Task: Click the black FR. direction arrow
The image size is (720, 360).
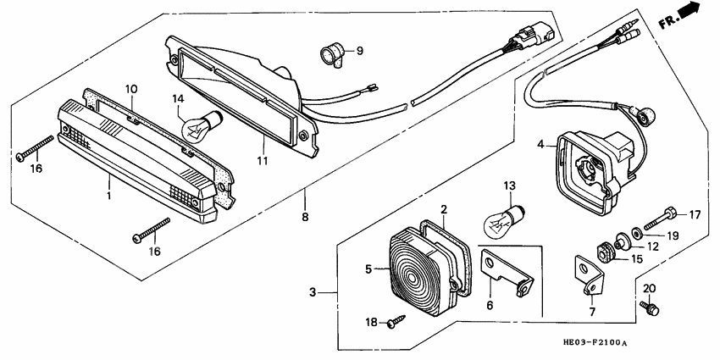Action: tap(691, 11)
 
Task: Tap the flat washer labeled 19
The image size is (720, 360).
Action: tap(632, 233)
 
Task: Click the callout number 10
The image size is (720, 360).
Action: tap(131, 89)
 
